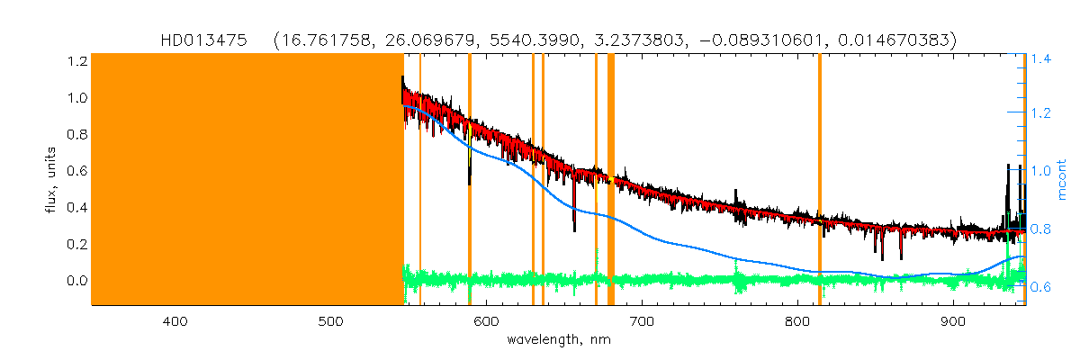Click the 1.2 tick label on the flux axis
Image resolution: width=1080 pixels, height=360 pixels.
pyautogui.click(x=77, y=61)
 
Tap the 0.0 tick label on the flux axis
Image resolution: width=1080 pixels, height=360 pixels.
pyautogui.click(x=77, y=281)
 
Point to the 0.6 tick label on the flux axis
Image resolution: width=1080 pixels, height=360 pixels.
pyautogui.click(x=77, y=171)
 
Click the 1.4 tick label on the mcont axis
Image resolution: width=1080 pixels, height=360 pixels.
pyautogui.click(x=1041, y=59)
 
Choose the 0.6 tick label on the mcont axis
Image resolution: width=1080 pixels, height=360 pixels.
pyautogui.click(x=1041, y=287)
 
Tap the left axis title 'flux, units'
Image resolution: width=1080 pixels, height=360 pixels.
pyautogui.click(x=52, y=180)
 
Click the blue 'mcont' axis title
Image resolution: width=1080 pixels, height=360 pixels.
pyautogui.click(x=1063, y=180)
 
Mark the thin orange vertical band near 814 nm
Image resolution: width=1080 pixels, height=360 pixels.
pyautogui.click(x=819, y=180)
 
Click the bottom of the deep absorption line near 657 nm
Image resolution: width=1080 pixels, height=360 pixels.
pyautogui.click(x=574, y=230)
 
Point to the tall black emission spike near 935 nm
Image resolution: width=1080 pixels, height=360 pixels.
pyautogui.click(x=1007, y=167)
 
